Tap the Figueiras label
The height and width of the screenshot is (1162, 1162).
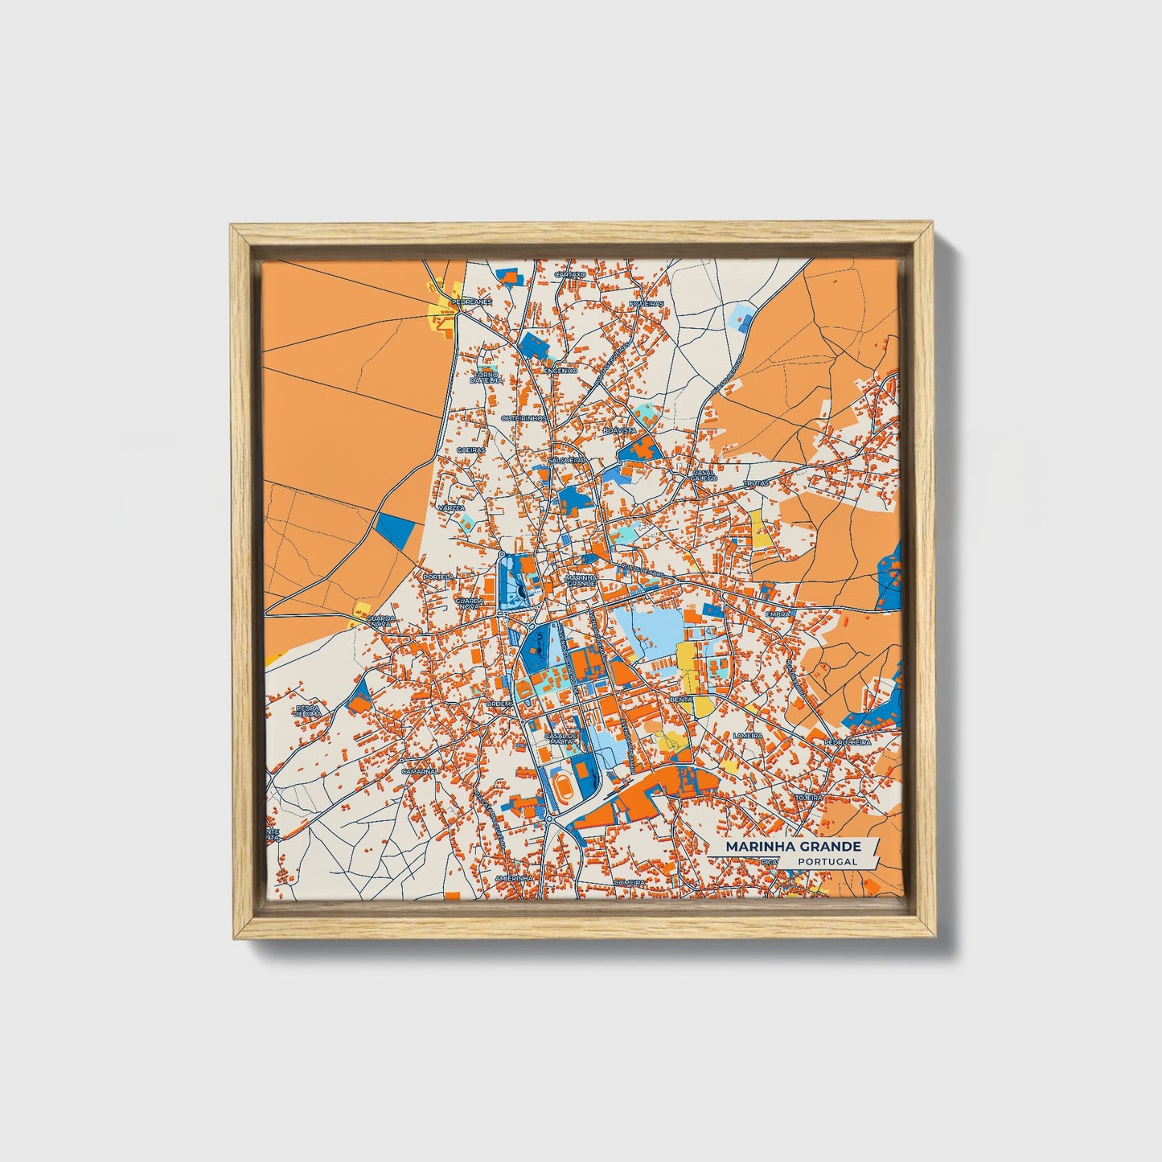click(x=647, y=303)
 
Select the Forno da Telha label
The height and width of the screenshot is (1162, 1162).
click(x=487, y=376)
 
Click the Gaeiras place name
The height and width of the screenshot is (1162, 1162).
click(x=471, y=450)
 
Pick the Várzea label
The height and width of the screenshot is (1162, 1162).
click(x=451, y=508)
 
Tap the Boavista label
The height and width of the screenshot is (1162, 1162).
click(x=618, y=431)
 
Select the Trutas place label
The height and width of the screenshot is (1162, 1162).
click(x=756, y=483)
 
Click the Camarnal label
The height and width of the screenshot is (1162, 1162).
click(x=419, y=770)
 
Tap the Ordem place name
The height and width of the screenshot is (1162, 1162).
click(x=499, y=703)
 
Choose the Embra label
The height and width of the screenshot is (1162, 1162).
click(x=778, y=614)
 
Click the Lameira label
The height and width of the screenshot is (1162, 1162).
click(x=748, y=735)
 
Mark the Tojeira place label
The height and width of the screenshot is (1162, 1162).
click(x=809, y=796)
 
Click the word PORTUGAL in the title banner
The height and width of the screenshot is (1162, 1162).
click(x=827, y=861)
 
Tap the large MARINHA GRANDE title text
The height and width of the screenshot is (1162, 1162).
click(x=793, y=847)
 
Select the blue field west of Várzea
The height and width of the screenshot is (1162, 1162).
click(x=396, y=530)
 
